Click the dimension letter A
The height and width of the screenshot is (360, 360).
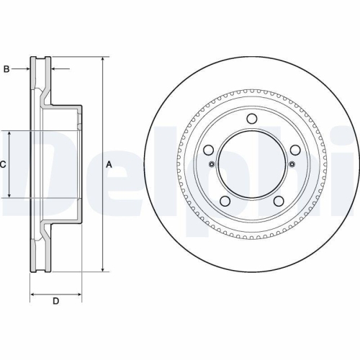109,164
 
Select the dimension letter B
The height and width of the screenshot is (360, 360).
6,69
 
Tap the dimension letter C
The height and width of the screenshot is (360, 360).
3,165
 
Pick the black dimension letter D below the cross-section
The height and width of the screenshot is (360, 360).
55,301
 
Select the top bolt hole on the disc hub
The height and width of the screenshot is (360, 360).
251,119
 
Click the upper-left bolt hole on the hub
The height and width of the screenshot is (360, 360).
208,150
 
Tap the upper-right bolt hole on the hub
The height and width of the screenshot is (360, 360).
295,150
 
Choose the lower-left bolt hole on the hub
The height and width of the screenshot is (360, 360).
224,201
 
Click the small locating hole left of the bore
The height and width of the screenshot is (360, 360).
211,164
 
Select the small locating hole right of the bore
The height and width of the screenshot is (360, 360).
292,164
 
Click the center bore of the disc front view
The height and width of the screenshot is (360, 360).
251,164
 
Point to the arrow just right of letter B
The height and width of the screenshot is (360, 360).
27,69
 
